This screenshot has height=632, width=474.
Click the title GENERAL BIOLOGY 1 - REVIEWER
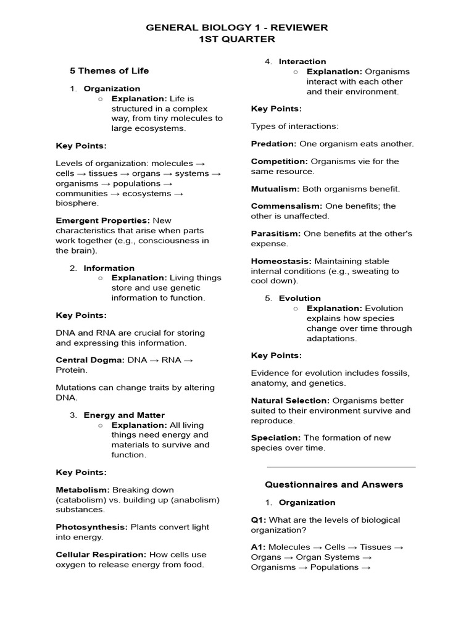pyautogui.click(x=237, y=28)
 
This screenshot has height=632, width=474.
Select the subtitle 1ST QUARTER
pyautogui.click(x=237, y=39)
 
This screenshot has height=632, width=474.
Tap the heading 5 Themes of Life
pyautogui.click(x=109, y=71)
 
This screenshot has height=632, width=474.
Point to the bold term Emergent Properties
pyautogui.click(x=102, y=221)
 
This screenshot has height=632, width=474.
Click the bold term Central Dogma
pyautogui.click(x=90, y=360)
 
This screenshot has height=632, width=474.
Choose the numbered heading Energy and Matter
pyautogui.click(x=124, y=415)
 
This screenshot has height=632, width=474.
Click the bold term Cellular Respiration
pyautogui.click(x=101, y=555)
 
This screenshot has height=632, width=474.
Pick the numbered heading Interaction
pyautogui.click(x=302, y=62)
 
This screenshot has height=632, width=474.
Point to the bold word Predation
pyautogui.click(x=273, y=144)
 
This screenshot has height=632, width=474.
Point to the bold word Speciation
pyautogui.click(x=275, y=438)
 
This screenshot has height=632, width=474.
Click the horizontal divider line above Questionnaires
pyautogui.click(x=341, y=467)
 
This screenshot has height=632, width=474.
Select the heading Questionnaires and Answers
pyautogui.click(x=334, y=485)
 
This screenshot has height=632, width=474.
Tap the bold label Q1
pyautogui.click(x=257, y=520)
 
